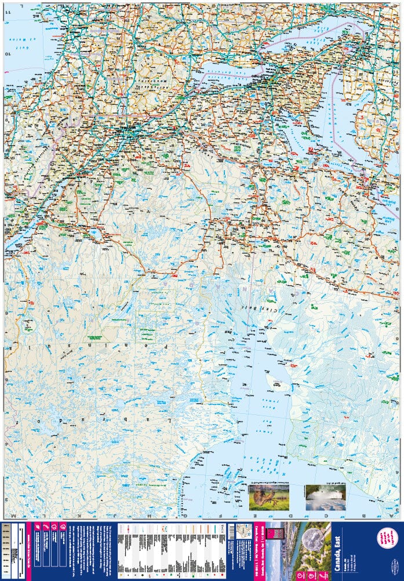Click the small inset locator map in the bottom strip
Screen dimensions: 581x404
pos(239,533)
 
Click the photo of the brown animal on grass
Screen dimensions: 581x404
pos(268,498)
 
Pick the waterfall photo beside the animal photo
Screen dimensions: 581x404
pos(325,498)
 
